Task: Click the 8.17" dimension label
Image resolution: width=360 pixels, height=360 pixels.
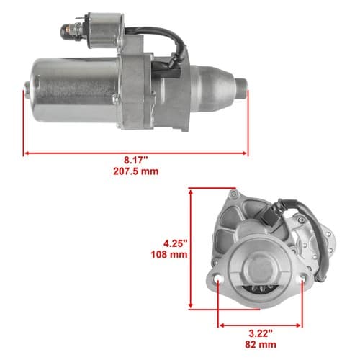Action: coord(135,160)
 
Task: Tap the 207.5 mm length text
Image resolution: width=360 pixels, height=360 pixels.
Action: coord(136,171)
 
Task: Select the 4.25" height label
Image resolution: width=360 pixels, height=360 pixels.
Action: coord(175,243)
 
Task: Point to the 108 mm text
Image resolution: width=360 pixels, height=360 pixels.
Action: coord(169,255)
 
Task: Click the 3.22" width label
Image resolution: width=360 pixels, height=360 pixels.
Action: coord(261,333)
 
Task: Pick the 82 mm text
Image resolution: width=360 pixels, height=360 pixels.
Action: coord(261,345)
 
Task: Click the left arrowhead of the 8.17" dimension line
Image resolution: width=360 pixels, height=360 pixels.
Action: coord(27,153)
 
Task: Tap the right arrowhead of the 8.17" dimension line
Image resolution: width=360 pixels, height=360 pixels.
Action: coord(245,153)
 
